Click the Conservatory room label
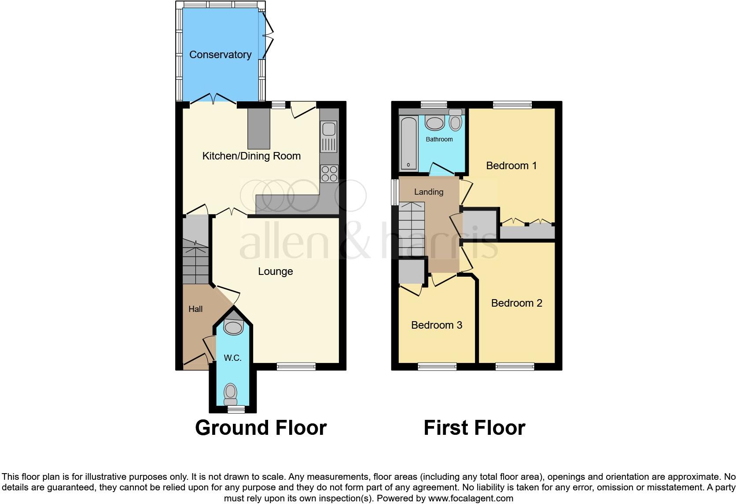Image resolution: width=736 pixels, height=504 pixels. (220, 55)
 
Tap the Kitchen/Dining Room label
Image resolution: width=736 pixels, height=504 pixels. (251, 156)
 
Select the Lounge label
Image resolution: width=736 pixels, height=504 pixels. (275, 271)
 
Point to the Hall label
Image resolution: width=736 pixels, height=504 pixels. (195, 309)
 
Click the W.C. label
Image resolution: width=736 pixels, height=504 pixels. (232, 358)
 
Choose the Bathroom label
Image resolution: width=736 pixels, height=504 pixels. (439, 139)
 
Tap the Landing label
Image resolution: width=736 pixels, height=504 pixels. (428, 192)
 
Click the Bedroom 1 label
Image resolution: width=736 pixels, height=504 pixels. (511, 166)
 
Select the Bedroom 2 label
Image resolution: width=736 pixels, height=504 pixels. (516, 303)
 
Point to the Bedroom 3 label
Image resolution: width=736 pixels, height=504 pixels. (436, 325)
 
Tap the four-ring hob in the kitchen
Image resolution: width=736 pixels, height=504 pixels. (329, 173)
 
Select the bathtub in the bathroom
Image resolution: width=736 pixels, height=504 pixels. (408, 143)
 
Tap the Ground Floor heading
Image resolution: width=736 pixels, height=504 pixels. (261, 428)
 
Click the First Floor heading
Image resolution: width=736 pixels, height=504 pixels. (474, 428)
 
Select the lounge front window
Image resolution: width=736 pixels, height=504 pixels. (296, 366)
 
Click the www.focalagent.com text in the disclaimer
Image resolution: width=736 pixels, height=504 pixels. (471, 498)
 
